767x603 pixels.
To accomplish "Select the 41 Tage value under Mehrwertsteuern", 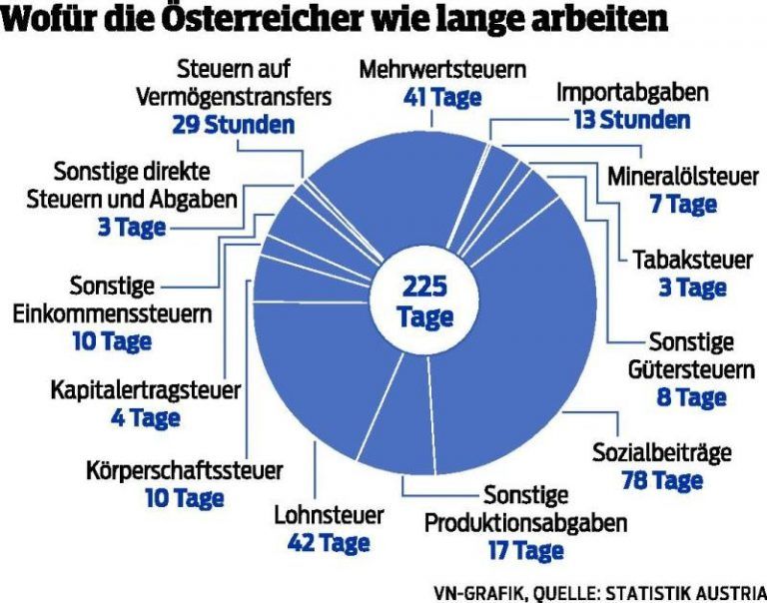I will (442, 97).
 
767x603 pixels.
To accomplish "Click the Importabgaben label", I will (632, 93).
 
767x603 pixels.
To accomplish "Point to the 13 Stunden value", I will (630, 120).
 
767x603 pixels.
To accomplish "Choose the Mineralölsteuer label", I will (683, 178).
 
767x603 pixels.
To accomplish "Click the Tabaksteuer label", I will (692, 261).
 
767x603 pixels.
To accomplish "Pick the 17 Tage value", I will (525, 549).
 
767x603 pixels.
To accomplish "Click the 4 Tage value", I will (145, 415).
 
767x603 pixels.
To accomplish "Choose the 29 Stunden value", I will (233, 125).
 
